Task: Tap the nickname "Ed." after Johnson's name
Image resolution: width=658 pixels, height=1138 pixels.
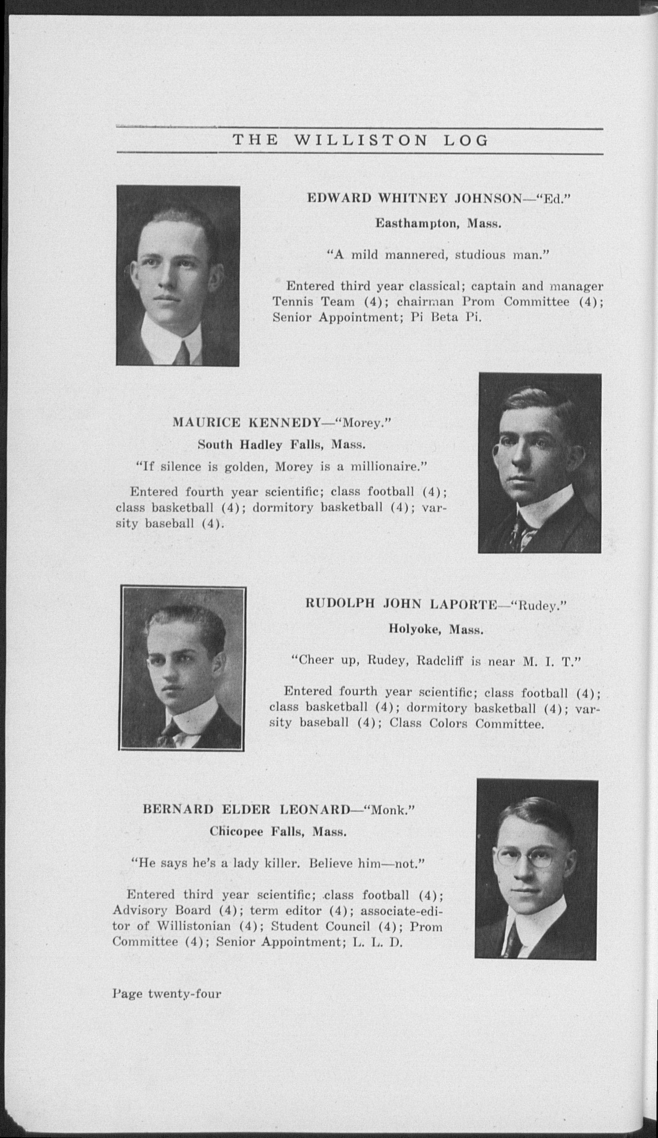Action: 552,198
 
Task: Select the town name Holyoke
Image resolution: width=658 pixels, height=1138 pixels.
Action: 415,629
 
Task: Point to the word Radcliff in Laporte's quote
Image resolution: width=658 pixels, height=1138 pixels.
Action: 441,662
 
